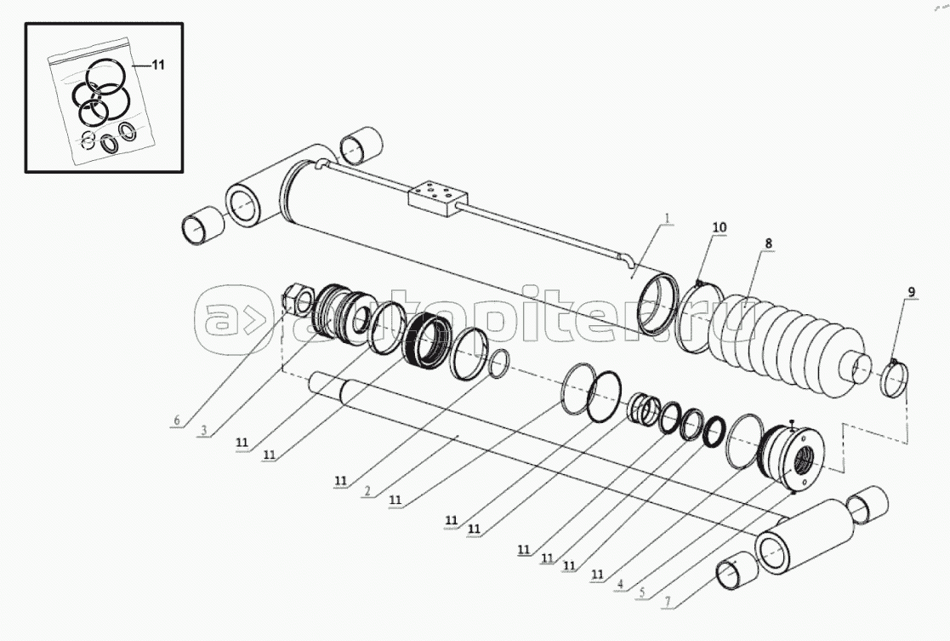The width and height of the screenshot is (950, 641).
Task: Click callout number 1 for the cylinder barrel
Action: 667,218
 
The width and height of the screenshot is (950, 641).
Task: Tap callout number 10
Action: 720,227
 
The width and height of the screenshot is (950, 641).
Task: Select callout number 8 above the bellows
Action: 768,243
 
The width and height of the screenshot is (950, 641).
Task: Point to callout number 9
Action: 912,292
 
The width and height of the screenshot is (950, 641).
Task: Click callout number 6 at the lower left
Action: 177,421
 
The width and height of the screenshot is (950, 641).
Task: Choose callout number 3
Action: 204,431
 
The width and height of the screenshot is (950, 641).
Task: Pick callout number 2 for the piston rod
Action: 367,491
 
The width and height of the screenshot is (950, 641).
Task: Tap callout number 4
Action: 619,584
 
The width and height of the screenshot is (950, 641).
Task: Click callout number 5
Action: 642,593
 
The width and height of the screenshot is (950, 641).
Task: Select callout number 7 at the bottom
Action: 667,602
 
